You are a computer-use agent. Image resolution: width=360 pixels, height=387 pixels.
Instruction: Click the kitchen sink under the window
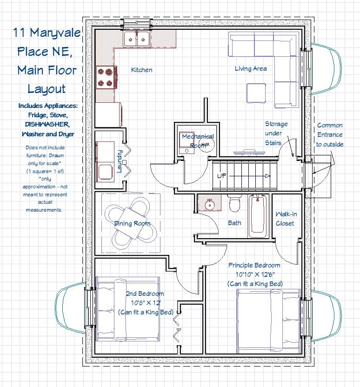coord(136,39)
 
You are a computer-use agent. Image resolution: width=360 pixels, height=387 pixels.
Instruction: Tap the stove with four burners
coord(106,78)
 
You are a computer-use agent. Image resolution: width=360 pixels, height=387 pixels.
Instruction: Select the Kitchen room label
coord(142,70)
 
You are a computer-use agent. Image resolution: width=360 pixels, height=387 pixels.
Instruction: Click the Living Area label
coord(251,68)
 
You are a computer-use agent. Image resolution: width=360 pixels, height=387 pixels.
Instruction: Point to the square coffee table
coord(256,93)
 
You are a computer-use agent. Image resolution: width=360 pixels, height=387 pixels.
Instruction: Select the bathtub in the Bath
coord(258,216)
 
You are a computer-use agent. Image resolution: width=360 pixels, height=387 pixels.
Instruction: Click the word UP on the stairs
coord(221,176)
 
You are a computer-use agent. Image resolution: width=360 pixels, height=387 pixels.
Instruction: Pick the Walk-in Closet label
coord(286,219)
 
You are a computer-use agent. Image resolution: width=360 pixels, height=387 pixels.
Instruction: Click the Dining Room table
coord(131,224)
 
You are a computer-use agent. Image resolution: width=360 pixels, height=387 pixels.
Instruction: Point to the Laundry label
coord(120,161)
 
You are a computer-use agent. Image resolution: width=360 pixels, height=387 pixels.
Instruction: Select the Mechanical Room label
coord(198,140)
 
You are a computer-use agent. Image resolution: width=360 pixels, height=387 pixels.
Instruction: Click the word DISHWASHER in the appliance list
coord(47,124)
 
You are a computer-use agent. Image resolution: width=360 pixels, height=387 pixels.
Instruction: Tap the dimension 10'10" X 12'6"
coord(255,274)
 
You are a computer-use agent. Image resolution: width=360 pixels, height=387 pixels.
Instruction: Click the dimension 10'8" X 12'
coord(146,303)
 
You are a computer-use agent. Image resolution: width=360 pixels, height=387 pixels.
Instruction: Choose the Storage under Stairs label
coord(276,133)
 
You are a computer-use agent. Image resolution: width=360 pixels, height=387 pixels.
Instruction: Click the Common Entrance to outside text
coord(330,135)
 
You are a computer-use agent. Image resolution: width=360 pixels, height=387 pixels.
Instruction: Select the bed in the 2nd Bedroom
coord(128,309)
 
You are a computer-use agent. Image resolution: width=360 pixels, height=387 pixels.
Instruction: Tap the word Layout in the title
coord(47,89)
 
